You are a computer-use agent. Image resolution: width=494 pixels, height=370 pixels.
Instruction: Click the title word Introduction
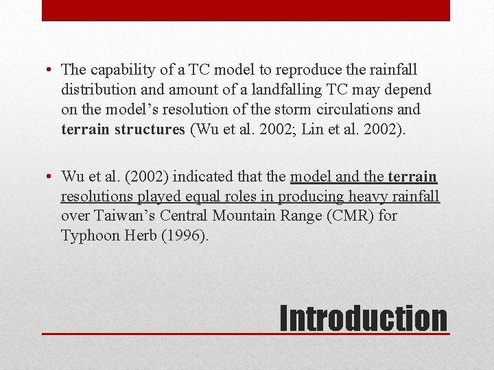pos(364,319)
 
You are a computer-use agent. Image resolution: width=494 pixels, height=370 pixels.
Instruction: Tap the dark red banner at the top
pos(246,10)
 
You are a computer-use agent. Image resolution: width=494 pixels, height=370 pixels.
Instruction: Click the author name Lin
pos(309,129)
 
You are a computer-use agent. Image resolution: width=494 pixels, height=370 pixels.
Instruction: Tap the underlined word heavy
pos(368,197)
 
